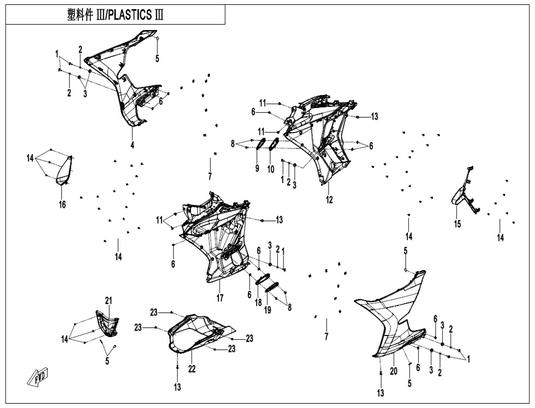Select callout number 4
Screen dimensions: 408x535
tap(132, 145)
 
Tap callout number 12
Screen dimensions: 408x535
tap(329, 200)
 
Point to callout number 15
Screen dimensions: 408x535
tap(457, 224)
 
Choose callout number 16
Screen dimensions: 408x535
tap(62, 205)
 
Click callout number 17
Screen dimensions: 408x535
tap(219, 298)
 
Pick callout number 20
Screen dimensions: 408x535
tap(393, 371)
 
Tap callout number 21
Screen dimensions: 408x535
tap(109, 301)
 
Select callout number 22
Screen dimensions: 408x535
tap(192, 369)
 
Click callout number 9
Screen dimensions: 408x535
tap(257, 169)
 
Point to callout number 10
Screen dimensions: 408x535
tap(271, 169)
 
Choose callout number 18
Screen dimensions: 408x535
tap(259, 302)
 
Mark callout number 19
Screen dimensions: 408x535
tap(268, 310)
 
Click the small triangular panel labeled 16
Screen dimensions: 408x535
tap(66, 170)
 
